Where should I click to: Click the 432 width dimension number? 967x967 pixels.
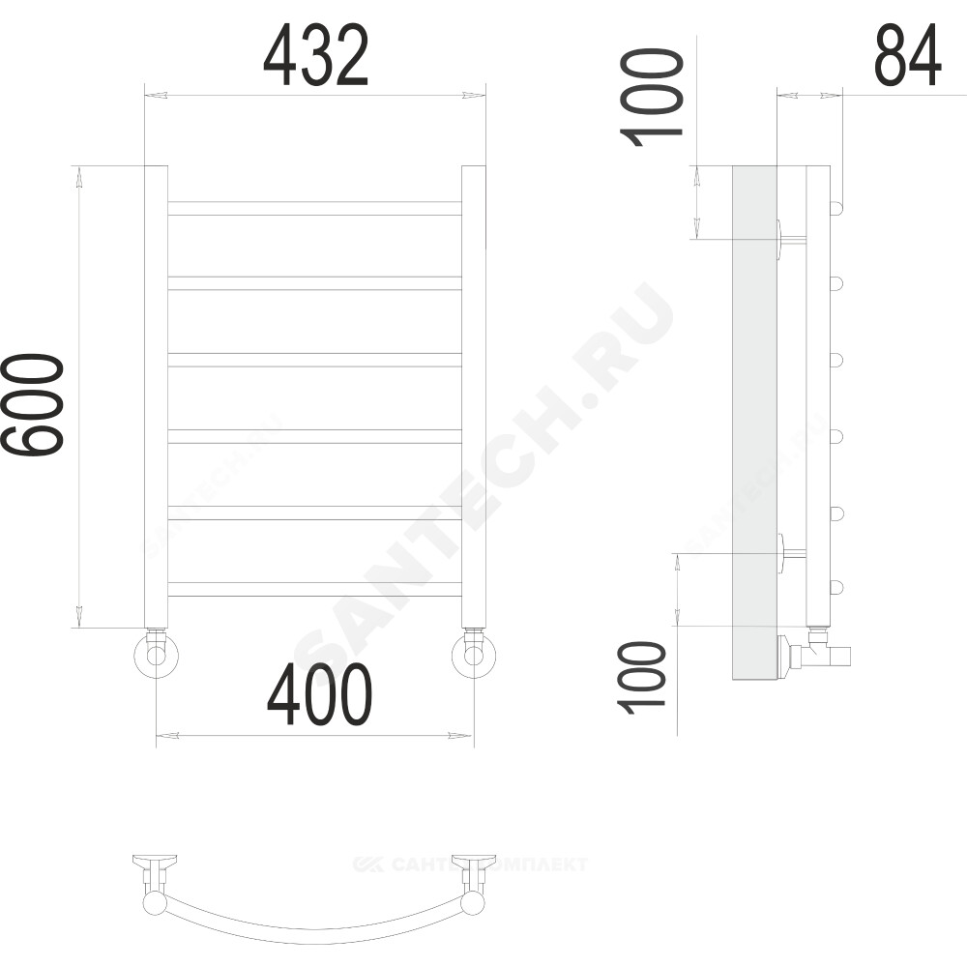click(316, 55)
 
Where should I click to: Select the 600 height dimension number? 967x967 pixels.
click(32, 404)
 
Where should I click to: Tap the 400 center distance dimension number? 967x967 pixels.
click(319, 695)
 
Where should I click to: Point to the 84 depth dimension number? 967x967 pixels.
click(908, 55)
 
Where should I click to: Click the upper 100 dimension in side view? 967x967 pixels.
click(651, 99)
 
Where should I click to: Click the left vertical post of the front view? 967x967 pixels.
click(156, 396)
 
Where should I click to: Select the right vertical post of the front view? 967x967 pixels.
click(474, 396)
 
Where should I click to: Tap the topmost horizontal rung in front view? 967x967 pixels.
click(314, 209)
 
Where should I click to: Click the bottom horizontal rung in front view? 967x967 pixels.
click(314, 589)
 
